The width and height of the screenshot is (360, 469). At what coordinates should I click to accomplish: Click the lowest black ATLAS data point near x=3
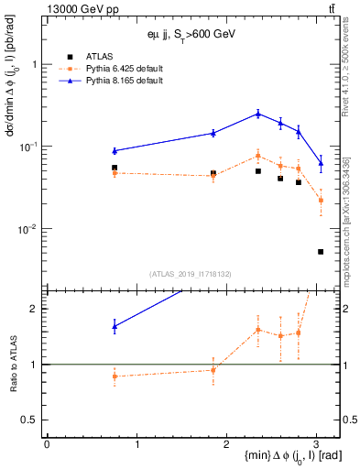[321, 251]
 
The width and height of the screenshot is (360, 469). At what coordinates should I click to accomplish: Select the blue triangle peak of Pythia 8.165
[258, 114]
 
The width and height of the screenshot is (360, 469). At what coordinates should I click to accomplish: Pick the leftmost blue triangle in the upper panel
[115, 150]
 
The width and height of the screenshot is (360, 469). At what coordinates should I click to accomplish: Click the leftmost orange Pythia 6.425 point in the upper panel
[115, 173]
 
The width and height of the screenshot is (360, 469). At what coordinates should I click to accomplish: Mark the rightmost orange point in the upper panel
[321, 200]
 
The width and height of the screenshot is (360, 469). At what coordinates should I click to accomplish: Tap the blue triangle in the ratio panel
[115, 325]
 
